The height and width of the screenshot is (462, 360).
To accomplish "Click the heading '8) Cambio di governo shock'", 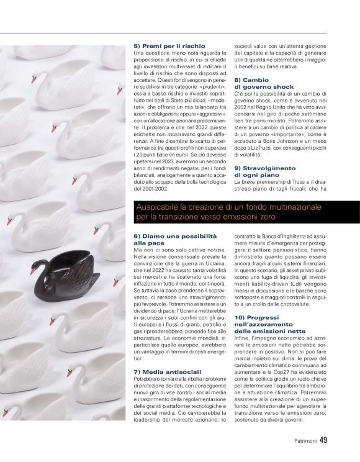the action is (x=261, y=84).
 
